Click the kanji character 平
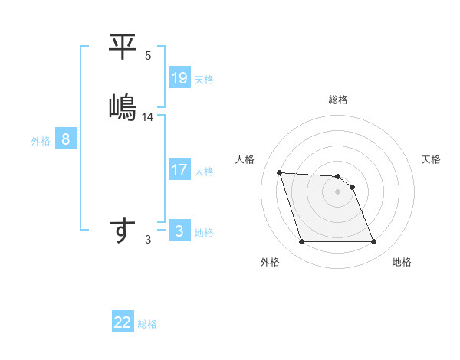point(123,47)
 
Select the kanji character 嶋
point(123,106)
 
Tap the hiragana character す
point(123,230)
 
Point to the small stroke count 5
point(148,56)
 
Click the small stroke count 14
point(148,117)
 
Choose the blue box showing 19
point(179,78)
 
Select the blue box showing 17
point(179,170)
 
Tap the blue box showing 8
point(66,139)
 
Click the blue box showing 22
point(123,322)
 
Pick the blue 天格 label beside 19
point(204,80)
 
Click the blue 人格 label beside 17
point(204,172)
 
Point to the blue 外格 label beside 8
point(41,141)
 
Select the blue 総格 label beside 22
point(147,324)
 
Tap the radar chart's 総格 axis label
point(338,100)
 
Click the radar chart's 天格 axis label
point(432,159)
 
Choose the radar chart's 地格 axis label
point(402,262)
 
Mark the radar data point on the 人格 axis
point(280,172)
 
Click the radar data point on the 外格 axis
point(301,242)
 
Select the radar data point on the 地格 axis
point(374,242)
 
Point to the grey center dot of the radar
point(338,191)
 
